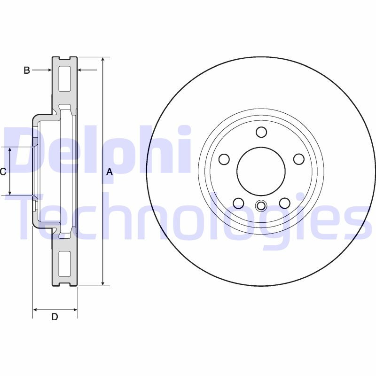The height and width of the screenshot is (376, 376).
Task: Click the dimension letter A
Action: point(110,172)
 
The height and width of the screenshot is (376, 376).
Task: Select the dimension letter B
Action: point(27,70)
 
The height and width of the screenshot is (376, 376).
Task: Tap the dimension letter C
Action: point(3,172)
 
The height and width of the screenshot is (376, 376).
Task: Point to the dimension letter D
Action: point(55,317)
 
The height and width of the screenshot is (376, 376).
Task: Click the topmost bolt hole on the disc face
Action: point(261,132)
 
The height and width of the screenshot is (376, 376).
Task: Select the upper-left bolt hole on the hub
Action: point(224,159)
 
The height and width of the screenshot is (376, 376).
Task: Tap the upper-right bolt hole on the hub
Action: point(299,159)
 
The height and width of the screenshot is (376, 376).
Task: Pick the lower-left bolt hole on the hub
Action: point(238,203)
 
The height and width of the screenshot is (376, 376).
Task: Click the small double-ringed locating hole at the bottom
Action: point(261,206)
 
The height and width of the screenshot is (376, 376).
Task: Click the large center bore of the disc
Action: point(261,172)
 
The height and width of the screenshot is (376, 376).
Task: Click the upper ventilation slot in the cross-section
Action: point(64,79)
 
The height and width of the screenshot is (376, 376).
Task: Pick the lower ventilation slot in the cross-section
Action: point(64,264)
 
